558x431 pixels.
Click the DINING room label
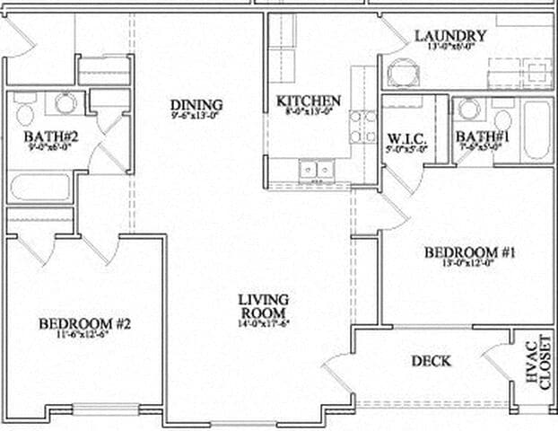pyautogui.click(x=196, y=105)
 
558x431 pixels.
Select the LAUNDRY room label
pyautogui.click(x=450, y=36)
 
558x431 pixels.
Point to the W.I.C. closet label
pyautogui.click(x=406, y=138)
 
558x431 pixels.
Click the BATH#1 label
pyautogui.click(x=483, y=137)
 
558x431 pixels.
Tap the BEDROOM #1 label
pyautogui.click(x=469, y=253)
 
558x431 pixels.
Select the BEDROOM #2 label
pyautogui.click(x=85, y=323)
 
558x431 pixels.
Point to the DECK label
pyautogui.click(x=431, y=361)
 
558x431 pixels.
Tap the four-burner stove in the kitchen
pyautogui.click(x=362, y=127)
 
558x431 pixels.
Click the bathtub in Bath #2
pyautogui.click(x=39, y=188)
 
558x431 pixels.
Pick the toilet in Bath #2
pyautogui.click(x=23, y=111)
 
